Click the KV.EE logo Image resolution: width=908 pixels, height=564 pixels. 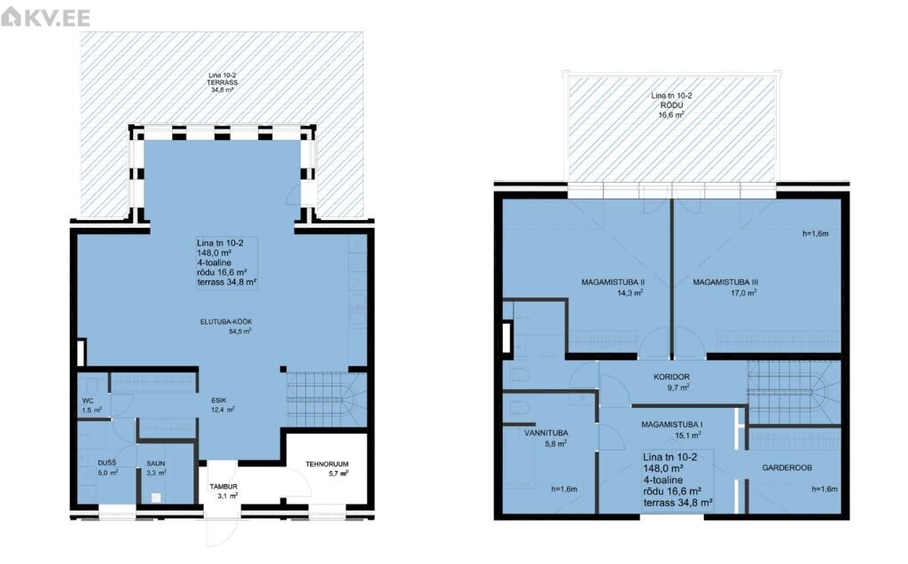click(46, 17)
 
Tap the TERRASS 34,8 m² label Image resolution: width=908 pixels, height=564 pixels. click(223, 82)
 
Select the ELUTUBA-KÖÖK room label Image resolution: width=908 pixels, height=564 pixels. click(226, 322)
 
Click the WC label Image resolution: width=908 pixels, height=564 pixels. click(88, 401)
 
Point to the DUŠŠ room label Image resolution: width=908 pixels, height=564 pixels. click(107, 463)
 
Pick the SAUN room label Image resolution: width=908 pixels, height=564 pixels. click(156, 464)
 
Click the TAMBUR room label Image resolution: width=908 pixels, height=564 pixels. click(223, 487)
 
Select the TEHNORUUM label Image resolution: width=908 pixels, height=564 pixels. click(327, 464)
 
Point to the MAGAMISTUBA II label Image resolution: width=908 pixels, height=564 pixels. click(614, 283)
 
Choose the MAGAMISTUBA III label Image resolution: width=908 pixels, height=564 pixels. click(725, 283)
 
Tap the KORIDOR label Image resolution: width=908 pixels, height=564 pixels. click(672, 377)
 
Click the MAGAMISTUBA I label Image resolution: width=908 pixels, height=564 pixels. click(672, 425)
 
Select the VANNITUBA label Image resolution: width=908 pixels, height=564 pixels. click(546, 433)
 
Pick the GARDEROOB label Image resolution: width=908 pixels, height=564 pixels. click(787, 468)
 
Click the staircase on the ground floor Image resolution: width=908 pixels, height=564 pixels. click(327, 399)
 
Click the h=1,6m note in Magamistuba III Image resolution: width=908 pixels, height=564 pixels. click(816, 234)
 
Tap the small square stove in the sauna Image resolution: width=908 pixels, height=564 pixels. click(156, 497)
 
